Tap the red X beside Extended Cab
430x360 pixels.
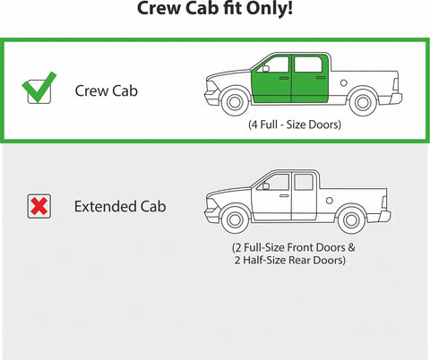click(39, 206)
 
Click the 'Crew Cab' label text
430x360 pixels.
click(107, 90)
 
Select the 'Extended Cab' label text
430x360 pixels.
click(120, 207)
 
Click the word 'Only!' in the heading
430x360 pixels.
click(270, 8)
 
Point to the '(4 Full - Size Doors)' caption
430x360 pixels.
click(295, 124)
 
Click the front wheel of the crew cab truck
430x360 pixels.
click(235, 102)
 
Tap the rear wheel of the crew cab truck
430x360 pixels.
click(363, 102)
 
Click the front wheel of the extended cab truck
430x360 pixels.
click(235, 220)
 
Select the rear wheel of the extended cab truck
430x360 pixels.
click(351, 220)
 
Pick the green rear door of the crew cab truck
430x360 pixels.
click(309, 79)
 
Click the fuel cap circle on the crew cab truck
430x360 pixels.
click(344, 82)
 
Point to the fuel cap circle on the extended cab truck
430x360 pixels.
click(330, 201)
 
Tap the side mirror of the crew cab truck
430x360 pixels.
click(265, 69)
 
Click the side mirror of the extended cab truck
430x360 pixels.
click(265, 186)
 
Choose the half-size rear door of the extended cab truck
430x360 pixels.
click(304, 196)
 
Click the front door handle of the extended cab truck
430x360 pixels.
click(284, 196)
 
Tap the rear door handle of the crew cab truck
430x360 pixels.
click(321, 78)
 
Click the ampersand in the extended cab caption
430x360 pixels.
click(351, 247)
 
